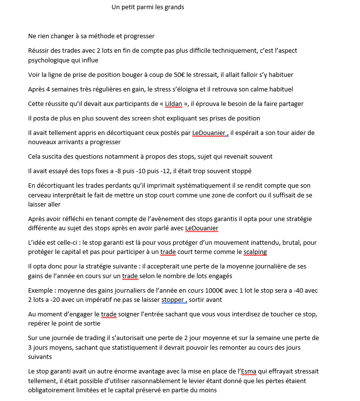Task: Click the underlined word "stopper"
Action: click(173, 300)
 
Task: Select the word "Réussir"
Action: click(39, 50)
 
